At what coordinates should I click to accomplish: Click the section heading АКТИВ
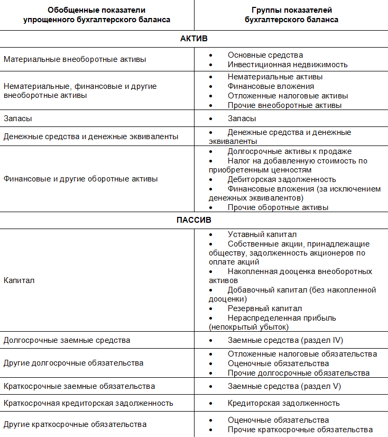[194, 39]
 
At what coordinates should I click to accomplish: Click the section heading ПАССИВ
[194, 220]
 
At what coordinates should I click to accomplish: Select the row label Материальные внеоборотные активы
[75, 59]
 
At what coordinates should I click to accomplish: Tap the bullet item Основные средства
[265, 54]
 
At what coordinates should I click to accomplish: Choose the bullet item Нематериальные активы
[275, 77]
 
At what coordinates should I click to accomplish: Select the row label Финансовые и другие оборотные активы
[80, 179]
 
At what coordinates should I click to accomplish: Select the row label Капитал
[19, 280]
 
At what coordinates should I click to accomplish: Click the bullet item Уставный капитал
[262, 234]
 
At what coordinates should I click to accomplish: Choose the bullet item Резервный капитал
[265, 308]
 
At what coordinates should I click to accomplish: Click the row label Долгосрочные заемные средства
[67, 340]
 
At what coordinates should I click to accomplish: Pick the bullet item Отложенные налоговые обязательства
[302, 353]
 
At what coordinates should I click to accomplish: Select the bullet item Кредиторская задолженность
[283, 403]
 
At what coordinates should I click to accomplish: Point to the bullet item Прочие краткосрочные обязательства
[300, 429]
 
